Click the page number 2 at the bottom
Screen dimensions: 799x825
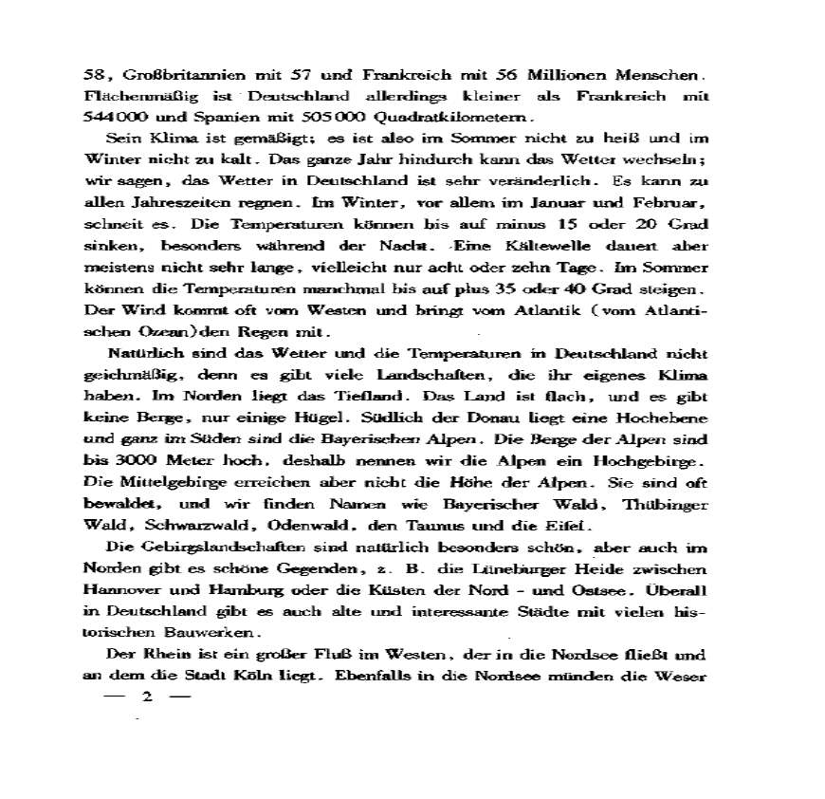pyautogui.click(x=146, y=698)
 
